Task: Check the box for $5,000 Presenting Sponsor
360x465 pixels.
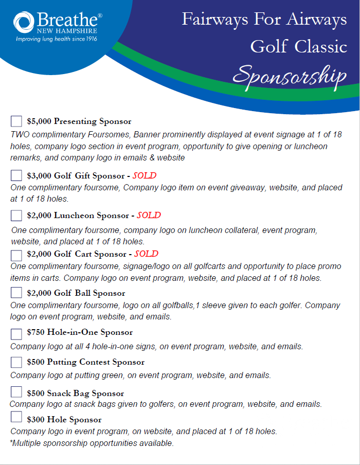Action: pos(16,121)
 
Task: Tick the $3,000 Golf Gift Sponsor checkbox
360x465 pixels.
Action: pos(16,175)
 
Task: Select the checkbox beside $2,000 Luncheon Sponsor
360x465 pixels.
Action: pos(16,215)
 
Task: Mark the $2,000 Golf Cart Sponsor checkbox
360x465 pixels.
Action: pos(16,254)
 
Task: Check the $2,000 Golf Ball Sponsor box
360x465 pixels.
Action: pos(16,293)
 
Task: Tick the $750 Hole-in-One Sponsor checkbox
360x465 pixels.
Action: pos(16,333)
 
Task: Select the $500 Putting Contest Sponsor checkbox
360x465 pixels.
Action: pos(16,362)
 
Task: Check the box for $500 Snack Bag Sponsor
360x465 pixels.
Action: pos(16,392)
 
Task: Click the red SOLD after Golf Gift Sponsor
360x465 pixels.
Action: pos(145,175)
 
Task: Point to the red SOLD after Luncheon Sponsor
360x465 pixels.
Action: pos(149,215)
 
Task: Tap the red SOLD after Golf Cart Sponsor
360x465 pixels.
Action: pos(146,254)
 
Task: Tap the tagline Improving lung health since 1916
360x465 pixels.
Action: pos(57,39)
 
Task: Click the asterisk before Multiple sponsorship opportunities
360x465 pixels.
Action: pos(12,442)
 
